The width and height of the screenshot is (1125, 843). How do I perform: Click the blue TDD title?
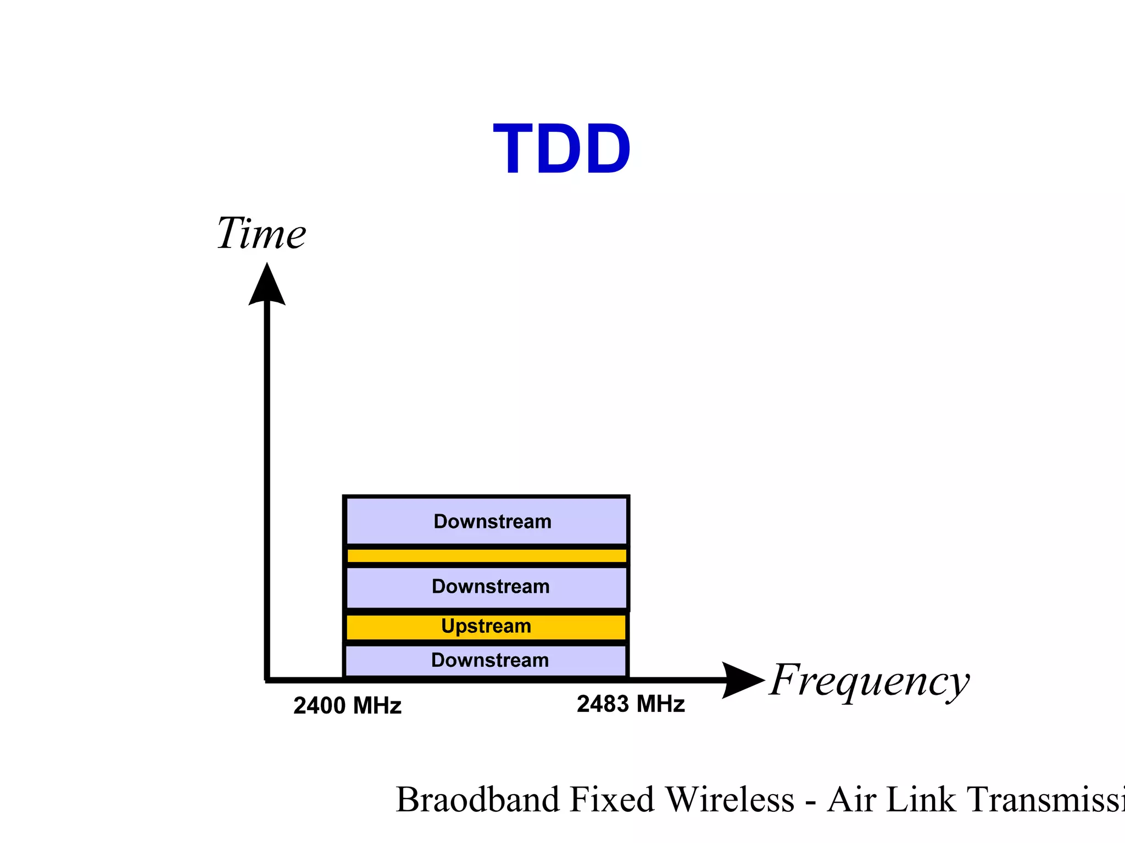pos(561,149)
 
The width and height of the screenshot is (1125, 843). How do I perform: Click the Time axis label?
pos(261,234)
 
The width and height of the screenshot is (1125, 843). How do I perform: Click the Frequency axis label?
pos(869,681)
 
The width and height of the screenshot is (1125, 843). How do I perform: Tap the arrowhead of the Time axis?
pos(267,285)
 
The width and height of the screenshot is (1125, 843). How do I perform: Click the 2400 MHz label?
pos(347,706)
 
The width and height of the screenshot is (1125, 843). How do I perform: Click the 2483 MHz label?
pos(631,704)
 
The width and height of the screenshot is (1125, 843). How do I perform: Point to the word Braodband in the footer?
pos(477,800)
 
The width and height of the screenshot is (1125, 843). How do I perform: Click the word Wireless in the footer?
pos(730,800)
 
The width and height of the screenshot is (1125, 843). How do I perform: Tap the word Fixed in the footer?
pos(611,800)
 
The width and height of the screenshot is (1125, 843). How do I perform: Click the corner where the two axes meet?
pos(267,680)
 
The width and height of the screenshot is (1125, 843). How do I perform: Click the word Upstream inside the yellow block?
pos(486,626)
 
